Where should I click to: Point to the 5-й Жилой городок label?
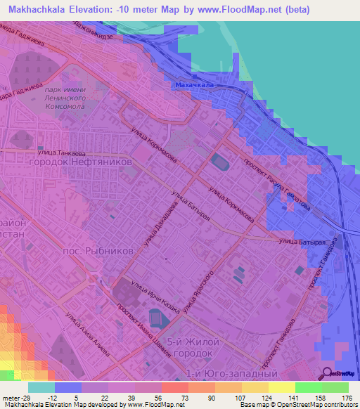[x=199, y=347]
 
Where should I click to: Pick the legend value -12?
[x=54, y=398]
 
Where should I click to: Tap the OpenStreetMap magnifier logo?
[x=328, y=373]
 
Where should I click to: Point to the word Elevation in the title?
[x=96, y=11]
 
